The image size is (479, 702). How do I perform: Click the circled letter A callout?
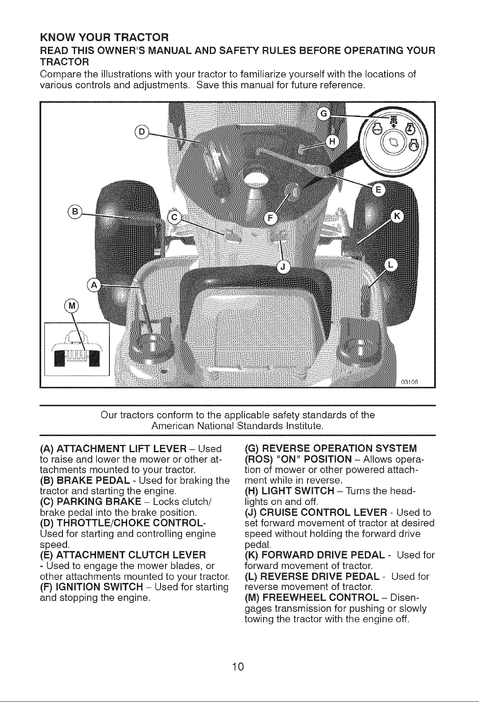coord(94,285)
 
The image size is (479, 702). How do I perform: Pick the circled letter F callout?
coord(270,218)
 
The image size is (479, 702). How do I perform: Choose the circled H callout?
coord(333,141)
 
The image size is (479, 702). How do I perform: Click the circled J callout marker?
coord(283,267)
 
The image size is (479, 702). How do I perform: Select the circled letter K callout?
coord(397,216)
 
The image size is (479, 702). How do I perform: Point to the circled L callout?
coord(390,264)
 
